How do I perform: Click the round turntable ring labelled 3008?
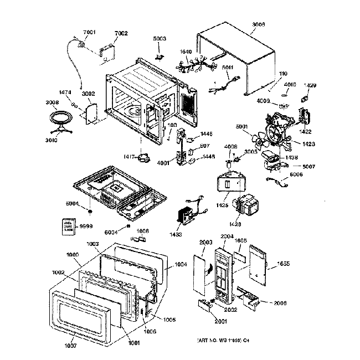coord(61,120)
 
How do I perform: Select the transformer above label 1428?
coord(246,207)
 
